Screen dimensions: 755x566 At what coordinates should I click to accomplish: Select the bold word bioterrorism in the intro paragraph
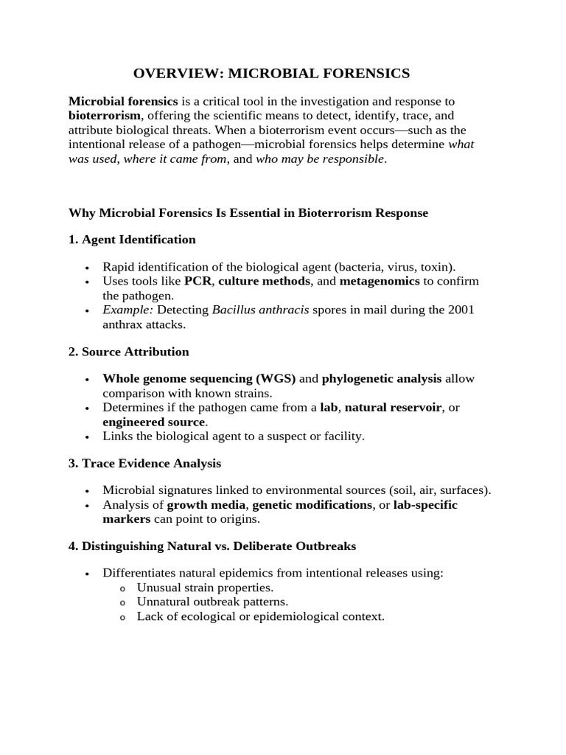pyautogui.click(x=104, y=116)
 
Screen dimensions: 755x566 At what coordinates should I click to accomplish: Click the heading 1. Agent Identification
pyautogui.click(x=132, y=240)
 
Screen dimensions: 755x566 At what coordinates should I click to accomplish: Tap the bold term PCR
pyautogui.click(x=198, y=281)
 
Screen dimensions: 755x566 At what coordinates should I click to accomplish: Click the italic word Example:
pyautogui.click(x=127, y=310)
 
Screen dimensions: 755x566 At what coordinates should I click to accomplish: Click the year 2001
pyautogui.click(x=461, y=310)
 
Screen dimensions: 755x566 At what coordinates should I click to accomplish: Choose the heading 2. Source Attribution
pyautogui.click(x=129, y=352)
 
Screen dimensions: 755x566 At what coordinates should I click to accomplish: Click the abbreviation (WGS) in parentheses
pyautogui.click(x=276, y=379)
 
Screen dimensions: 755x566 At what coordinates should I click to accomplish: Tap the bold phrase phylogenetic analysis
pyautogui.click(x=382, y=379)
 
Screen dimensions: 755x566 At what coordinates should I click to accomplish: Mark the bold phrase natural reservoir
pyautogui.click(x=393, y=408)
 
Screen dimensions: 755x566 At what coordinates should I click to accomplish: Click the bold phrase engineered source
pyautogui.click(x=154, y=422)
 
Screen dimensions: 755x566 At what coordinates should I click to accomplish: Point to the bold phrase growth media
pyautogui.click(x=209, y=505)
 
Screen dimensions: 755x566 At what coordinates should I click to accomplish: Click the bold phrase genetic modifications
pyautogui.click(x=312, y=505)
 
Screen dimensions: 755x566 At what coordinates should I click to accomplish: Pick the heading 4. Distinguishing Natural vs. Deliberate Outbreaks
pyautogui.click(x=212, y=546)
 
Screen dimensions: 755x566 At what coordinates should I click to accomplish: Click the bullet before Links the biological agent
pyautogui.click(x=87, y=436)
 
